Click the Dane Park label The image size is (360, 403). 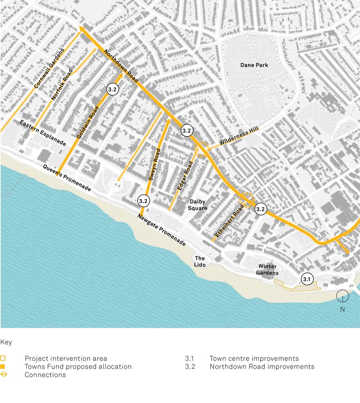click(x=255, y=65)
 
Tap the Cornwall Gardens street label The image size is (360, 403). click(x=49, y=68)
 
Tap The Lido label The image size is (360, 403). click(x=200, y=262)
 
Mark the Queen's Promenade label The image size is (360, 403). click(x=67, y=178)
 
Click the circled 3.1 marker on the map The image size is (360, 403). click(x=307, y=279)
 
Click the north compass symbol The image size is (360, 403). click(x=342, y=296)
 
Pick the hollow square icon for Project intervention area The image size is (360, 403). click(x=3, y=358)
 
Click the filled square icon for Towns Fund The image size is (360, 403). click(x=3, y=367)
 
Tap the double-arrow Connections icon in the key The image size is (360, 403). click(x=3, y=375)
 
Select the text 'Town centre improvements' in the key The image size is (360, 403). click(x=254, y=359)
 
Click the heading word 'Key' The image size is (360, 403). click(x=6, y=342)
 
